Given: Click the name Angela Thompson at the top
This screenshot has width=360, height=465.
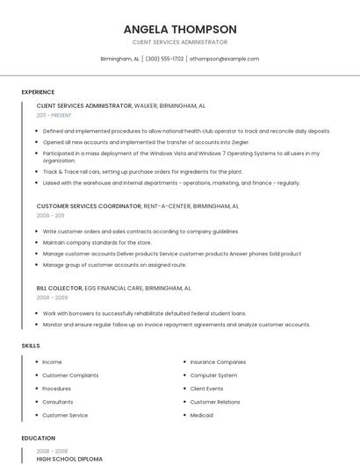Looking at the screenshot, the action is point(179,29).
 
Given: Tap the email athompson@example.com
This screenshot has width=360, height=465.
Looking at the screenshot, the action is point(224,59).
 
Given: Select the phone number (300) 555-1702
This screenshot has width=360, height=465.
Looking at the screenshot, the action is point(164,59).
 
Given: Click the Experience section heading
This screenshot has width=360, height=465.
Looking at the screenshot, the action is point(38,92).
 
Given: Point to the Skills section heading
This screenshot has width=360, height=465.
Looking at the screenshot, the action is point(31,346).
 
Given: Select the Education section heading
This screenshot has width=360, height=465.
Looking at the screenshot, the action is point(38,438).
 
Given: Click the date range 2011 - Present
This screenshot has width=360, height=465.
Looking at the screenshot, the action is point(54,115).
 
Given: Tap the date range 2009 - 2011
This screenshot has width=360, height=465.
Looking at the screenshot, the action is point(50,215).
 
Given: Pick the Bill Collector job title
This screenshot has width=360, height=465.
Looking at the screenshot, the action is point(59,288).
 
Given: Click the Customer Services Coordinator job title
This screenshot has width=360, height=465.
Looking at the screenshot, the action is point(89,206).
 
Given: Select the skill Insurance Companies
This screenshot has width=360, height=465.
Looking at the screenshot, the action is point(218,361).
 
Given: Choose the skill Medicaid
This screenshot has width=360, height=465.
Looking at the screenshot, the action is point(202,415).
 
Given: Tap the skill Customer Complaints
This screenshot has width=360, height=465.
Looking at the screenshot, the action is point(70,376).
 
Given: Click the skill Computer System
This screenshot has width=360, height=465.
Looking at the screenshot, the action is point(213,376).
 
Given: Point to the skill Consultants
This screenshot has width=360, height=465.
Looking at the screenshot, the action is point(58,402).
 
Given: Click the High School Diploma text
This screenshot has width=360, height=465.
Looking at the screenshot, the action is point(69,459).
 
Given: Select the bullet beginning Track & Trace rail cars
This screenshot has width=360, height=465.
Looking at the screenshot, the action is point(142,172).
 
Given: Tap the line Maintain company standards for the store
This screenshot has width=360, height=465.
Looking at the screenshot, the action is point(97,242).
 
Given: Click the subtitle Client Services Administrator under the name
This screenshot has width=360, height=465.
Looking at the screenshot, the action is point(179,42).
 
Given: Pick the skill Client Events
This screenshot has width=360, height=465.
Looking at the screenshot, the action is point(206,389).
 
